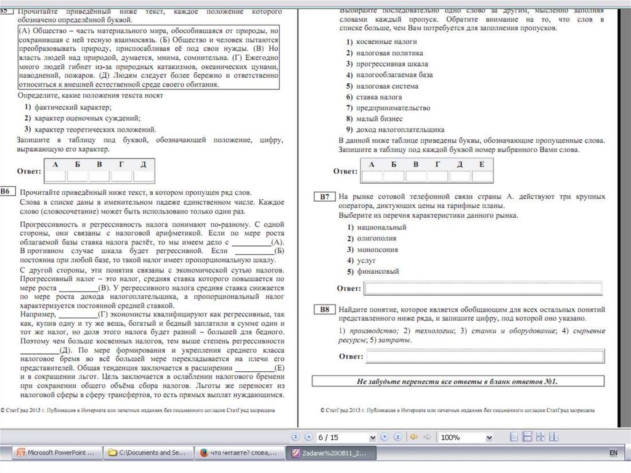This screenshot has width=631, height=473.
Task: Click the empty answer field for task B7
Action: [484, 288]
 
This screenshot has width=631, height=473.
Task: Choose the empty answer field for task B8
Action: [484, 356]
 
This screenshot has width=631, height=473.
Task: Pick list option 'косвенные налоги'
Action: [386, 41]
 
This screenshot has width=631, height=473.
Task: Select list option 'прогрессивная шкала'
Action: [391, 64]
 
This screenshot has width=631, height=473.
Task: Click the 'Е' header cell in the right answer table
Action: [481, 164]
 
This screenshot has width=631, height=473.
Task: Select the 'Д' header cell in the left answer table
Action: [143, 164]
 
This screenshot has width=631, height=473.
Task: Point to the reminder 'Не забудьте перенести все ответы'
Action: [457, 382]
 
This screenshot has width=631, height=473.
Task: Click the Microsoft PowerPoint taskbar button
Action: [56, 453]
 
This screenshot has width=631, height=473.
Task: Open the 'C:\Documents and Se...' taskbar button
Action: [149, 453]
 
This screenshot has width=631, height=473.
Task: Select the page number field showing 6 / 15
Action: [345, 437]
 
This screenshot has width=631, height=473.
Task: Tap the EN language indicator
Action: [613, 453]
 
